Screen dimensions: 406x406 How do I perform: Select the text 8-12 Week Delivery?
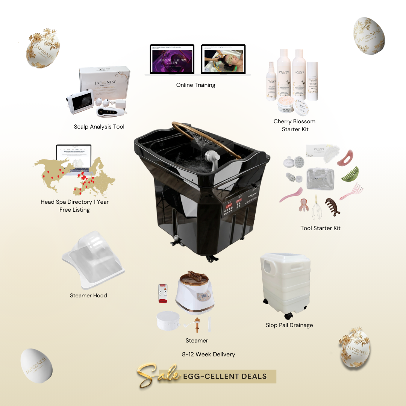208,354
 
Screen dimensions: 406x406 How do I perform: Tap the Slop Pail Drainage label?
289,325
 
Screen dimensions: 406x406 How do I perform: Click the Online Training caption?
195,85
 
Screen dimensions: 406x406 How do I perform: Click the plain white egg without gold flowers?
36,366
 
